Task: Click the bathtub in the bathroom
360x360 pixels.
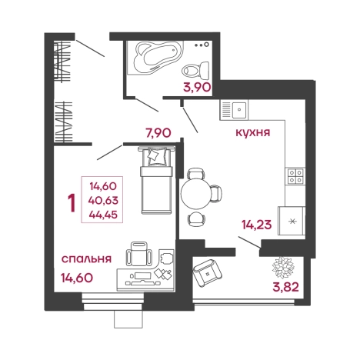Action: tap(156, 57)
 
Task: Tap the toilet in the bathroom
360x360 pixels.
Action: tap(196, 70)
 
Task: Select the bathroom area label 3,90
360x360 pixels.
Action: tap(197, 87)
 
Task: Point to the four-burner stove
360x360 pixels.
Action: tap(295, 176)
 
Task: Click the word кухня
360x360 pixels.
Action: tap(252, 132)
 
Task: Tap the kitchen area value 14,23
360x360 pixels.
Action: tap(256, 225)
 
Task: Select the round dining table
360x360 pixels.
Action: tap(195, 193)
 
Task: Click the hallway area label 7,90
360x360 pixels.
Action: tap(158, 133)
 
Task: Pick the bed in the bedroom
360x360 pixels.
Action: tap(156, 180)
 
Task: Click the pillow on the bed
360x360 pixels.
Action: tap(156, 156)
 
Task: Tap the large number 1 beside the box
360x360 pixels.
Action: tap(72, 202)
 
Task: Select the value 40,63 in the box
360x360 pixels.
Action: tap(103, 200)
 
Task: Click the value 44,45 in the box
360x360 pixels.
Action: tap(103, 215)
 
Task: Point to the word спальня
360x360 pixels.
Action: tap(86, 259)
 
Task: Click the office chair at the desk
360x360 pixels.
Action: tap(138, 254)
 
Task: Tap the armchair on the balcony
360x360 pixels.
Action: tap(208, 273)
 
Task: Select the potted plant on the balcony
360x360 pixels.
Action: tap(283, 268)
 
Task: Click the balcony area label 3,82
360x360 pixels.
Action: tap(285, 287)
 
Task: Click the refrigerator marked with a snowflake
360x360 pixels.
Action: tap(292, 221)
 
